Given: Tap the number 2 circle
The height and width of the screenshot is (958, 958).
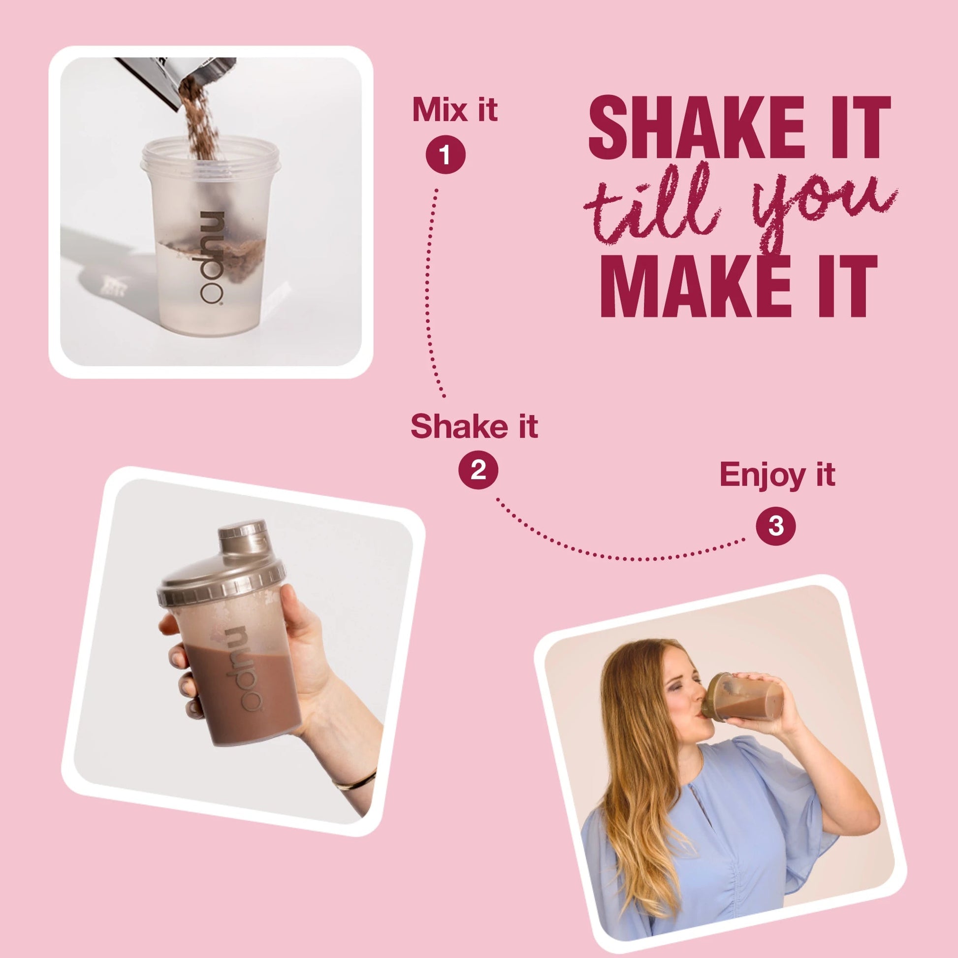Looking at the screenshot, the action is [478, 469].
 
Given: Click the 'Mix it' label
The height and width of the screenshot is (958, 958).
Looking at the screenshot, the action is [455, 110].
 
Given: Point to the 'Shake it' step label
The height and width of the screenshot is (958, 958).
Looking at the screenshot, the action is [474, 426].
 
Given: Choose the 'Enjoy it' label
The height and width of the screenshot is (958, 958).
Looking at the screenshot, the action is [777, 476].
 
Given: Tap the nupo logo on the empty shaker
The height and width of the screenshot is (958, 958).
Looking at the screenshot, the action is [212, 258].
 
